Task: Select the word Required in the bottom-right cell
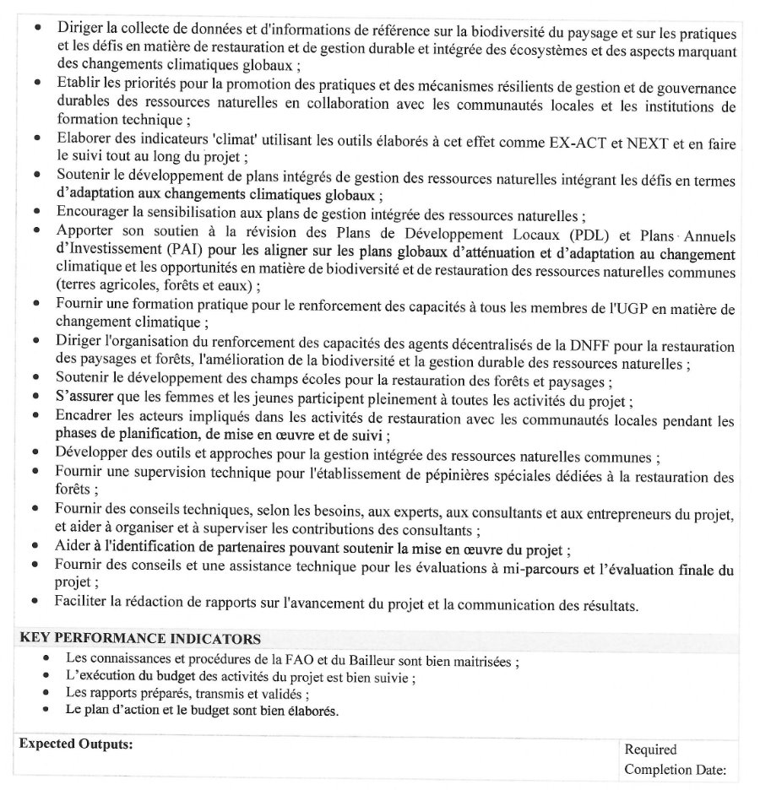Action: pos(650,749)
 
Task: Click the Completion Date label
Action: pos(675,769)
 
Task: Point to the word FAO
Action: pos(317,661)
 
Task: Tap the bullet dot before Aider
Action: pos(36,550)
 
